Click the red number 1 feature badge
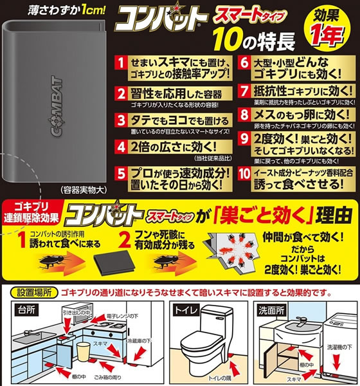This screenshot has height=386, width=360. tap(121, 62)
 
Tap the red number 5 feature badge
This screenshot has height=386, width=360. tap(121, 173)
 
